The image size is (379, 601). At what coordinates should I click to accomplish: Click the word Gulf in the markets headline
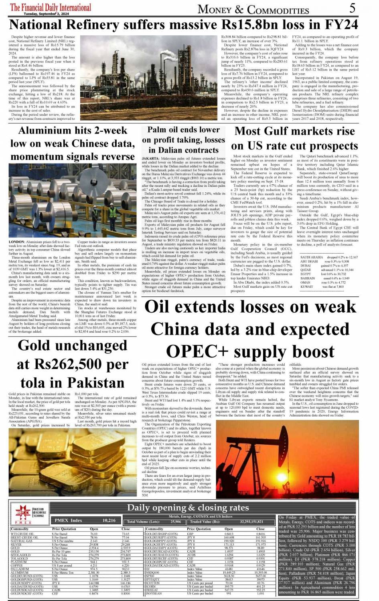click(x=273, y=131)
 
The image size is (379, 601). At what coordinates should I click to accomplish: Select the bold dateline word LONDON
click(x=17, y=242)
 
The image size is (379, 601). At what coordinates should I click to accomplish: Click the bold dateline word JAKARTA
click(x=151, y=159)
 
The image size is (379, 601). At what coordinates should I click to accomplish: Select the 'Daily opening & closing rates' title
click(x=188, y=508)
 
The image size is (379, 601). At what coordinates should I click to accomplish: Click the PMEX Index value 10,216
click(x=109, y=520)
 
